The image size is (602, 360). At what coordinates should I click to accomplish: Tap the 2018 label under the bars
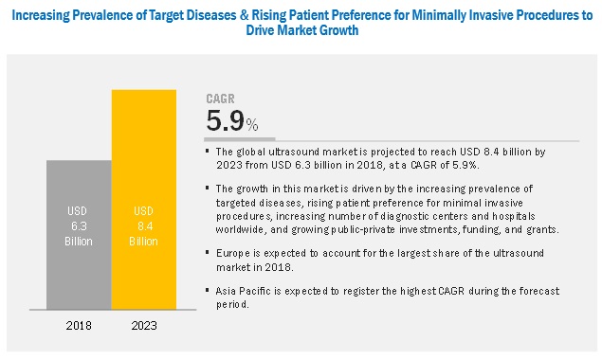point(79,325)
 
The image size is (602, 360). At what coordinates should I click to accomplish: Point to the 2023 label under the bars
point(142,325)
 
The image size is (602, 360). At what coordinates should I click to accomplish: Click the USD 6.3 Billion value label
point(79,222)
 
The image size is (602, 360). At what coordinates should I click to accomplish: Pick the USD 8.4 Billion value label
point(142,222)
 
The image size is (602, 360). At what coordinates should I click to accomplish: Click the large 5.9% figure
point(231,121)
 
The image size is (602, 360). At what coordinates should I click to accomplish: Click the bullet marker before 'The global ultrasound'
point(210,149)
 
